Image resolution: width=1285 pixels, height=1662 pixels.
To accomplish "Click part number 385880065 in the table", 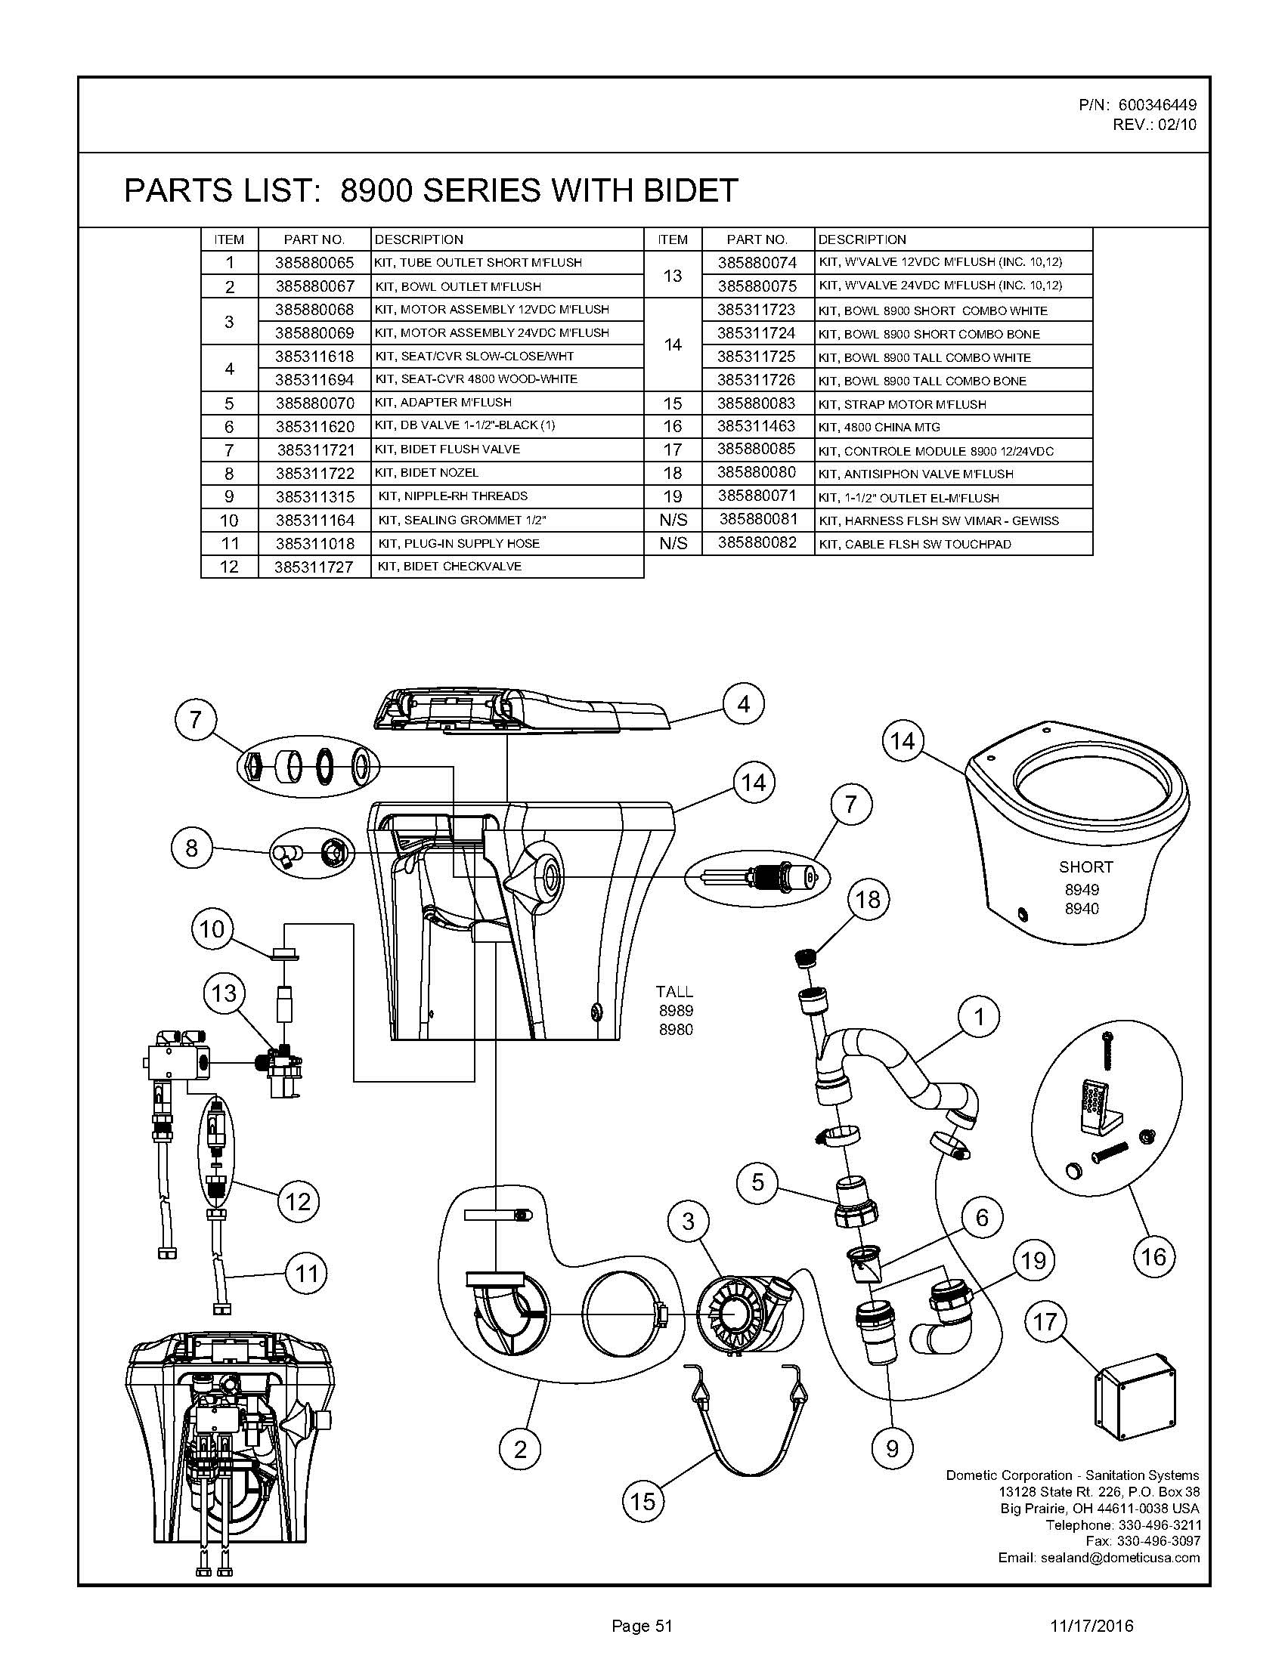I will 314,263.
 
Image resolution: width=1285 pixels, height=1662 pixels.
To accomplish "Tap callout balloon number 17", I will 1045,1322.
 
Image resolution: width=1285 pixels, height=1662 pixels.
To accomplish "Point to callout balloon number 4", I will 743,704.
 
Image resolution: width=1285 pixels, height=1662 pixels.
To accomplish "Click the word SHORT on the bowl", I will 1085,867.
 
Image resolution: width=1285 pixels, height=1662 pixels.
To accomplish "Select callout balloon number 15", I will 642,1500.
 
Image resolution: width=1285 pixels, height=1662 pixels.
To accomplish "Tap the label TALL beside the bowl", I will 674,992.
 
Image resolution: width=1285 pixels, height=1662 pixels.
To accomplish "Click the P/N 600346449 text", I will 1138,105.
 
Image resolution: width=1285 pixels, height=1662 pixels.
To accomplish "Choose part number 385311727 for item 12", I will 314,567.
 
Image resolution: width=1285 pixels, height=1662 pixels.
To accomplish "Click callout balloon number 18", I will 867,900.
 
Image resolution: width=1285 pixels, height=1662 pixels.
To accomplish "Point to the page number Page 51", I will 642,1626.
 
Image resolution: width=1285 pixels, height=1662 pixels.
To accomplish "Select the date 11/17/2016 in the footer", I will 1091,1626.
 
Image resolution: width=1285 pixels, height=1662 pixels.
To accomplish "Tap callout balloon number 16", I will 1153,1256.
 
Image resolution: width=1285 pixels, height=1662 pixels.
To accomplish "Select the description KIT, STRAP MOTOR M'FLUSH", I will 902,404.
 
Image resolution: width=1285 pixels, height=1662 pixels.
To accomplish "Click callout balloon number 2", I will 520,1449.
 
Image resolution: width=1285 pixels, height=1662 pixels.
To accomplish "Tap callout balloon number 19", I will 1033,1261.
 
